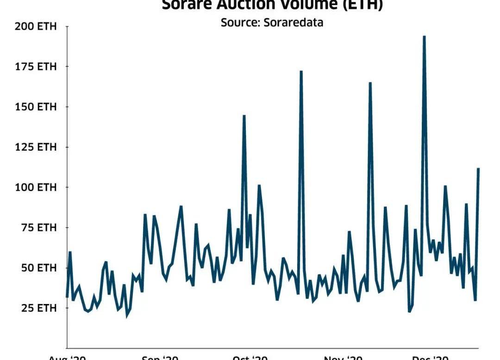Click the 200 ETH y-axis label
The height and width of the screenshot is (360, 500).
[36, 26]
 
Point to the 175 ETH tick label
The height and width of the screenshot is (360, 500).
[36, 67]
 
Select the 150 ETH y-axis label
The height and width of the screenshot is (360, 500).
[36, 107]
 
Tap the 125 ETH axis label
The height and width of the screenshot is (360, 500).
[36, 147]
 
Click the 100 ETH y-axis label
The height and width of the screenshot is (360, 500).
[36, 187]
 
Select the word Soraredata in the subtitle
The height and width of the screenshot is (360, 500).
[294, 22]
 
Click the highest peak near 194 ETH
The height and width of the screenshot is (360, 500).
[424, 37]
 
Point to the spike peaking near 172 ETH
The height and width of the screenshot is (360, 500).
[301, 72]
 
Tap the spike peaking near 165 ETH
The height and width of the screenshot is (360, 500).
[370, 83]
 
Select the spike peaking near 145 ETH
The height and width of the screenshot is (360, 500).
[244, 116]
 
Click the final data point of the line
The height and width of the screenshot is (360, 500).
[478, 168]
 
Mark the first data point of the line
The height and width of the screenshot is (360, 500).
[67, 297]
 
